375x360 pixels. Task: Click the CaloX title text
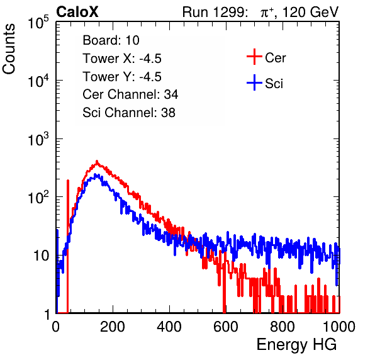coord(77,12)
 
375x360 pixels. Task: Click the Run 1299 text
coord(215,12)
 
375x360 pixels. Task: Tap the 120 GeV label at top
coord(310,12)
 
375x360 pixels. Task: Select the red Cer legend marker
coord(254,57)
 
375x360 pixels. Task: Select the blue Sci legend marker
coord(254,82)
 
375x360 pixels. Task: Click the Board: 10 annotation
coord(111,40)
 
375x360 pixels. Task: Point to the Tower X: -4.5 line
coord(122,59)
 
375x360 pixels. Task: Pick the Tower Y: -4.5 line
coord(122,77)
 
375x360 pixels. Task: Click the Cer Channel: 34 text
coord(130,94)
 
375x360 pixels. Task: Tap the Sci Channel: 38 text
coord(129,113)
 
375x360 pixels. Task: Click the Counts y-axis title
coord(9,49)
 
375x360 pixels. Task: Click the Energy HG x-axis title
coord(296,345)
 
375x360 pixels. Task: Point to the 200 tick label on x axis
coord(113,327)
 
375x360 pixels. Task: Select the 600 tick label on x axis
coord(226,327)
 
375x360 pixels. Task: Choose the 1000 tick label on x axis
coord(339,327)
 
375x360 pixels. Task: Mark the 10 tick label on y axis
coord(41,256)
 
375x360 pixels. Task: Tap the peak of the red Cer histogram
coord(97,161)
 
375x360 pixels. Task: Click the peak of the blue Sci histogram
coord(95,174)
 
